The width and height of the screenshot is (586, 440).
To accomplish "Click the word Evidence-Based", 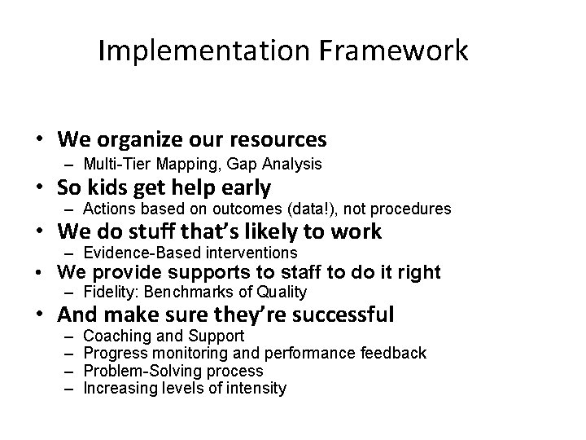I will click(x=135, y=253).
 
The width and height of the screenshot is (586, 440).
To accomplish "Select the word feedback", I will click(x=396, y=353).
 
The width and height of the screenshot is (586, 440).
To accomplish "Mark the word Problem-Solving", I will click(x=136, y=371).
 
